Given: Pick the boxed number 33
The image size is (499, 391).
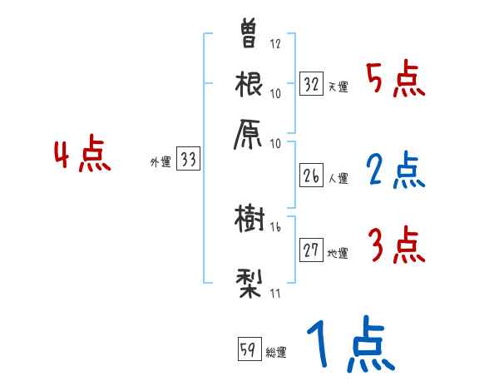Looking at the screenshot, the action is (x=189, y=160).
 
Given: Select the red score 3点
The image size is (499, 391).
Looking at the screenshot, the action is (x=396, y=245).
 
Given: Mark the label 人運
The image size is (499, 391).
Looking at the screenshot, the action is (x=338, y=178).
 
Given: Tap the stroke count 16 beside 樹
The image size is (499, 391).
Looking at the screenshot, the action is (x=275, y=226).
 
